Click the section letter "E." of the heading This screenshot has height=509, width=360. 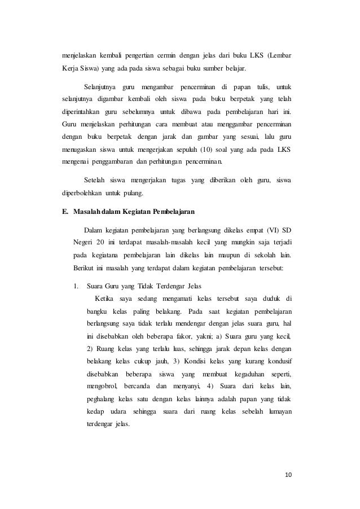click(x=65, y=212)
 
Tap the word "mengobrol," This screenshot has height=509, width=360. click(x=102, y=386)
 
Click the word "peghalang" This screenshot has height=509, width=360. click(x=102, y=399)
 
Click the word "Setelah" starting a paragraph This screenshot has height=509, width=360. click(x=94, y=180)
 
